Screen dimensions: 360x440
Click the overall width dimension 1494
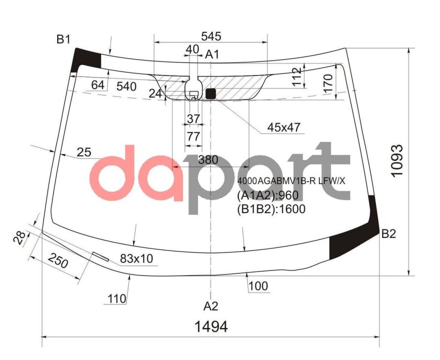[x=211, y=327]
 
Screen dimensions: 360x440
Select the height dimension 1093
[x=398, y=160]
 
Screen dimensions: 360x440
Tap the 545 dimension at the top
[x=211, y=36]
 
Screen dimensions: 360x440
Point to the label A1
[x=212, y=54]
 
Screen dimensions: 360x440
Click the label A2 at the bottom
[x=211, y=306]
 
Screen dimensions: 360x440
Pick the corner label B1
[x=64, y=39]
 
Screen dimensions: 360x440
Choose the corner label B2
[x=388, y=234]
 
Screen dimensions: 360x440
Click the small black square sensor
[x=211, y=94]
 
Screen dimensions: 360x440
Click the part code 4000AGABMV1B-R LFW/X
[x=291, y=181]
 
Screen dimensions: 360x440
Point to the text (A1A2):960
[x=267, y=196]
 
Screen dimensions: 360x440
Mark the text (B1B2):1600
[x=271, y=209]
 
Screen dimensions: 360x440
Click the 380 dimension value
[x=208, y=160]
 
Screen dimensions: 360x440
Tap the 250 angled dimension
[x=58, y=260]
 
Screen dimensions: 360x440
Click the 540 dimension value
[x=126, y=86]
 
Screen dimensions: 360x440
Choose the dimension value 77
[x=193, y=136]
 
